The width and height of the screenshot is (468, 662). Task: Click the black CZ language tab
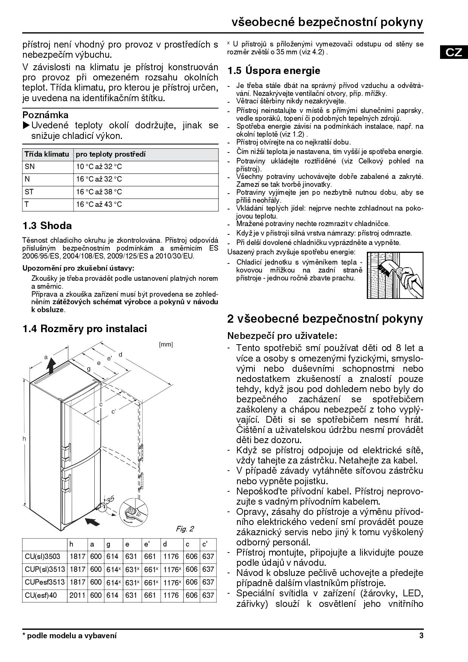(x=454, y=52)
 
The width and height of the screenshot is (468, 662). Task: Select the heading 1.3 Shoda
(x=47, y=226)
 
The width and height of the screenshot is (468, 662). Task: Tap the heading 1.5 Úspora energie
(x=274, y=71)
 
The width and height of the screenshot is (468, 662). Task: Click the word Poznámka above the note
(x=46, y=115)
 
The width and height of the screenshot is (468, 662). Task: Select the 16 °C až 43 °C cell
(x=99, y=205)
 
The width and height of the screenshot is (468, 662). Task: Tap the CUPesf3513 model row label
(x=45, y=582)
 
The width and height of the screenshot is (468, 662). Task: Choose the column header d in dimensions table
(x=165, y=544)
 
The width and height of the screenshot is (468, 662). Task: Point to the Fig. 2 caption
(x=185, y=529)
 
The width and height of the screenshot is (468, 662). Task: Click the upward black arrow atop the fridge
(x=52, y=365)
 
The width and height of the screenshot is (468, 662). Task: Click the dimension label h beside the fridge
(x=24, y=438)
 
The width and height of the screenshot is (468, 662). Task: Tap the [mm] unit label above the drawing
(x=166, y=344)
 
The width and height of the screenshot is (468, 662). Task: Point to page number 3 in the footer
(x=421, y=636)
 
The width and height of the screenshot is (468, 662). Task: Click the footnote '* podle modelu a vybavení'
(x=69, y=636)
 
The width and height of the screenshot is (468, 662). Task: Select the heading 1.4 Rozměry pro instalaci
(x=85, y=329)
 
